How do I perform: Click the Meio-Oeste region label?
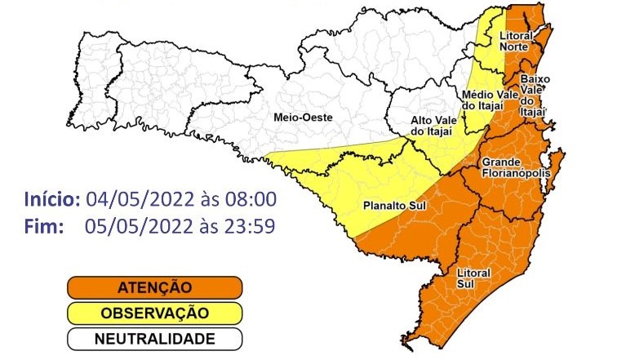(x=301, y=118)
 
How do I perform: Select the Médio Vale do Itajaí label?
(x=487, y=100)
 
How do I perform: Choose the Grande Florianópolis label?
(x=515, y=167)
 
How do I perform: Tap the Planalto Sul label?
(x=388, y=206)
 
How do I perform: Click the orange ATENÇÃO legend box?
(x=154, y=287)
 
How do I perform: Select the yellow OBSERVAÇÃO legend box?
(x=154, y=313)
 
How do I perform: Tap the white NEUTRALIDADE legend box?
(x=154, y=338)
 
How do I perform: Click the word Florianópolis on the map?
(x=515, y=173)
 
